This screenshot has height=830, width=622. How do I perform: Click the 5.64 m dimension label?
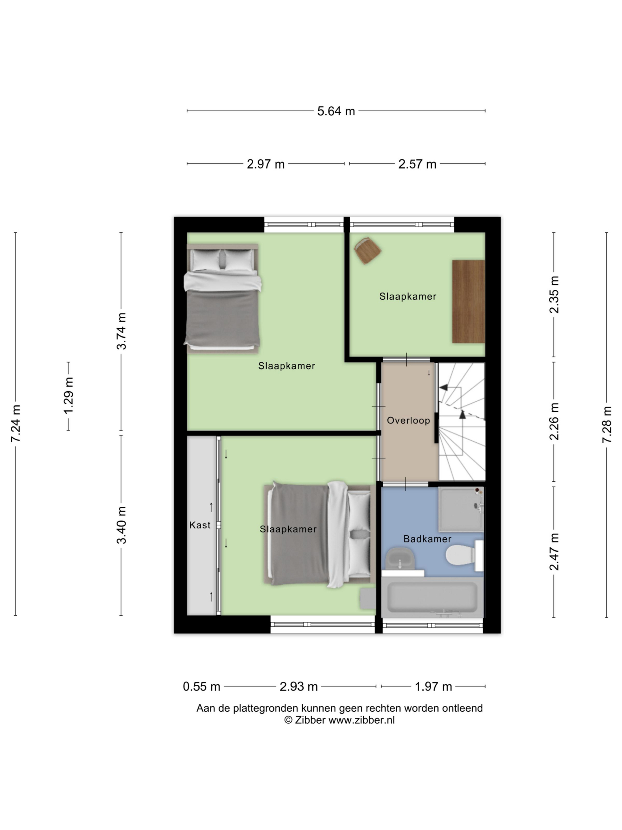tap(336, 111)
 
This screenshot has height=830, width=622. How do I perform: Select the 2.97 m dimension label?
tap(265, 164)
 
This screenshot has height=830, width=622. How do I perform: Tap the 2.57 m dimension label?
tap(417, 164)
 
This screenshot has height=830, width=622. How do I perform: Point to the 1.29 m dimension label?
tap(69, 396)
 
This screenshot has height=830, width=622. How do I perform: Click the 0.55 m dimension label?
tap(201, 687)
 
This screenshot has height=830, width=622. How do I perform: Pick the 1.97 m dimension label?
tap(433, 687)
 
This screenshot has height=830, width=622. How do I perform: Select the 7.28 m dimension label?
tap(607, 424)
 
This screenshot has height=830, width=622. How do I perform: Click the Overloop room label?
tap(408, 420)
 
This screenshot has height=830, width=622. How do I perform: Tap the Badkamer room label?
tap(427, 539)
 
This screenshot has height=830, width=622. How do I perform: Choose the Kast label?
tap(200, 525)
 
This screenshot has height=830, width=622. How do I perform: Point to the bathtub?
tap(432, 597)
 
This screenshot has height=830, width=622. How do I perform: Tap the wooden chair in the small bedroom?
tap(367, 250)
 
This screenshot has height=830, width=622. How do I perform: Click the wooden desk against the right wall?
tap(468, 301)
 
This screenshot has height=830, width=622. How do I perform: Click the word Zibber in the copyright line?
tap(310, 720)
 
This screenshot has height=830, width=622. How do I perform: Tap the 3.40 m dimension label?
tap(121, 525)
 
